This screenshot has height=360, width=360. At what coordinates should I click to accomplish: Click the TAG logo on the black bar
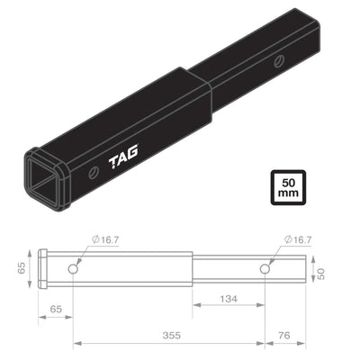pyautogui.click(x=124, y=160)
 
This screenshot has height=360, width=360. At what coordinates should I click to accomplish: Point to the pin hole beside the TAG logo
pyautogui.click(x=94, y=171)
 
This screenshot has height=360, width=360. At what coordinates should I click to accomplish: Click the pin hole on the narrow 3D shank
pyautogui.click(x=280, y=60)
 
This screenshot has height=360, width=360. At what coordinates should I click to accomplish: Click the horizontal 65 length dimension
pyautogui.click(x=57, y=308)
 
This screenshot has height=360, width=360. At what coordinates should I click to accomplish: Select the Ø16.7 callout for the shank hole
pyautogui.click(x=297, y=239)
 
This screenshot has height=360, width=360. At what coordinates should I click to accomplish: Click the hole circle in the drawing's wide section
pyautogui.click(x=75, y=269)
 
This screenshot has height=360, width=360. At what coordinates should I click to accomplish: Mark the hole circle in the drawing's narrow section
pyautogui.click(x=265, y=269)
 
